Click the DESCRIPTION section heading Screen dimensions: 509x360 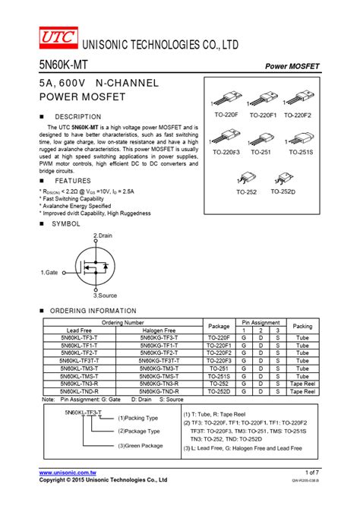77,116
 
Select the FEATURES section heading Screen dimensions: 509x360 72,181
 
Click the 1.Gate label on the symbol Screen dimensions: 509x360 49,271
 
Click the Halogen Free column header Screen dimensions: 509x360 159,330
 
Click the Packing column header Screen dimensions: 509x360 302,327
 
